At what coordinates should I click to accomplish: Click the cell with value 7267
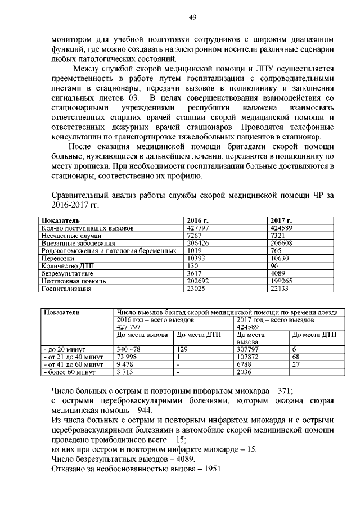(x=194, y=236)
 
